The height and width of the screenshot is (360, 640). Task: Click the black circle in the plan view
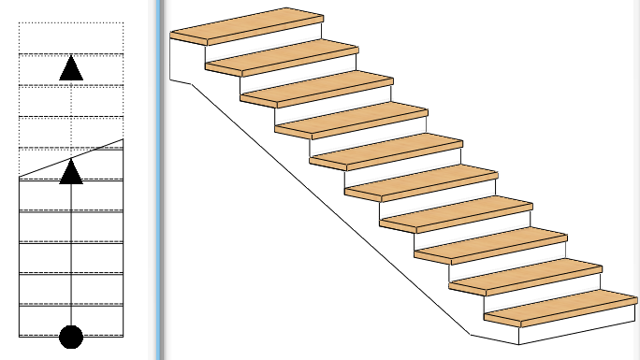click(x=71, y=337)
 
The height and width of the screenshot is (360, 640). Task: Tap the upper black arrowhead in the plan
click(x=71, y=68)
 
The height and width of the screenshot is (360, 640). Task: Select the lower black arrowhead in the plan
click(x=71, y=172)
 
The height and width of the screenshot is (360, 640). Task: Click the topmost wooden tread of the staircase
click(x=245, y=25)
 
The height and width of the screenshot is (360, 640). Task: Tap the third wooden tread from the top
click(x=315, y=88)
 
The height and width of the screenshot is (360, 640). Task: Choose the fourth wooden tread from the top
click(x=350, y=120)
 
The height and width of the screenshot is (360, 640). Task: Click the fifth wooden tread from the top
click(x=385, y=151)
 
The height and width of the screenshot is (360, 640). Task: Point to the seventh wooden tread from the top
click(x=455, y=214)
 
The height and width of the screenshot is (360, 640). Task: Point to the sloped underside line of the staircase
click(x=327, y=206)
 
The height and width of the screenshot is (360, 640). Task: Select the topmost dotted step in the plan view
click(x=71, y=38)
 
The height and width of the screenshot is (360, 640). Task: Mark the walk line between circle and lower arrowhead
click(x=71, y=252)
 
